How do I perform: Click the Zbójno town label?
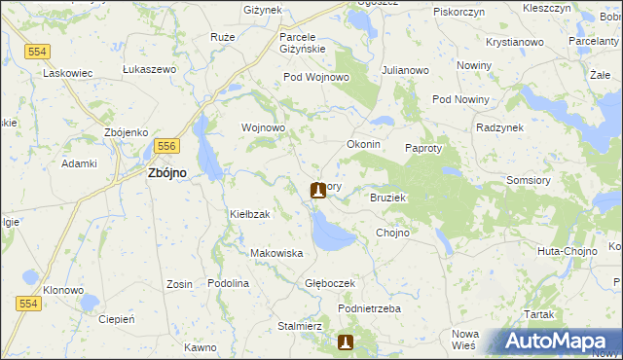pyautogui.click(x=167, y=172)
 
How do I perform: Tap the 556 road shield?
pyautogui.click(x=165, y=145)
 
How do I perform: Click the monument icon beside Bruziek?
pyautogui.click(x=317, y=190)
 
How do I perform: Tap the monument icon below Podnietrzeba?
pyautogui.click(x=346, y=342)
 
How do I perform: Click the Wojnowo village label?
pyautogui.click(x=263, y=127)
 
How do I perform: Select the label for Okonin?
pyautogui.click(x=363, y=144)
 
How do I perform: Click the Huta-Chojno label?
pyautogui.click(x=564, y=251)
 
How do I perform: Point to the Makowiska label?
pyautogui.click(x=277, y=253)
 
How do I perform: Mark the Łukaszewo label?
pyautogui.click(x=149, y=69)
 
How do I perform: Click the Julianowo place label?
pyautogui.click(x=406, y=70)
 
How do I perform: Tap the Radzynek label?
pyautogui.click(x=500, y=127)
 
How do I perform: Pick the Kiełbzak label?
pyautogui.click(x=249, y=213)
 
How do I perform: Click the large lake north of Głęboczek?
pyautogui.click(x=331, y=234)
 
